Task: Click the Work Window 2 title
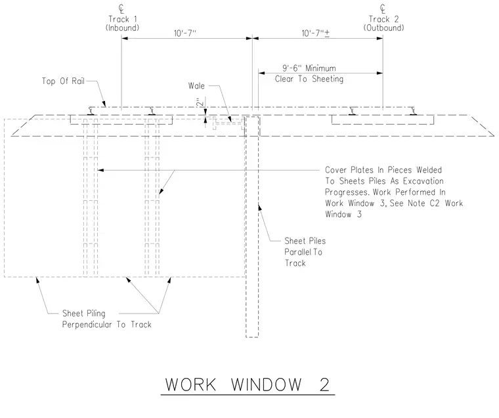tap(248, 385)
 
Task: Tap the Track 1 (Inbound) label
tap(123, 24)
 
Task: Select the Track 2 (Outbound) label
tap(383, 24)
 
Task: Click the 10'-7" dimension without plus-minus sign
tap(185, 33)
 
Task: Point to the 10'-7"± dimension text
tap(315, 33)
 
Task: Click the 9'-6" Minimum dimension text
tap(309, 68)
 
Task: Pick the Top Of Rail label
tap(63, 81)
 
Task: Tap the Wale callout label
tap(196, 85)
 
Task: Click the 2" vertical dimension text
tap(200, 102)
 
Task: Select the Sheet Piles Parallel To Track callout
tap(305, 252)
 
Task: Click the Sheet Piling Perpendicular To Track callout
tap(106, 319)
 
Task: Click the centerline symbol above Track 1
tap(121, 9)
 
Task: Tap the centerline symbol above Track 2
tap(383, 9)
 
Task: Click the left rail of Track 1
tap(91, 111)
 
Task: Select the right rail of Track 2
tap(413, 111)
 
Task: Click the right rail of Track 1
tap(152, 111)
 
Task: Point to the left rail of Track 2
tap(352, 111)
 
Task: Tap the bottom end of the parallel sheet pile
tap(251, 337)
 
